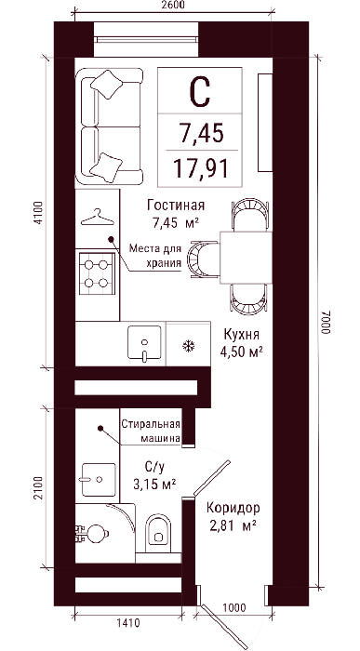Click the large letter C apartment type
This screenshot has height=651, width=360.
200,92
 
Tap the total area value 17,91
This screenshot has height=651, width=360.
201,168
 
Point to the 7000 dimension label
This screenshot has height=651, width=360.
326,323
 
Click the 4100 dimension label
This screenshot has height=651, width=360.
38,213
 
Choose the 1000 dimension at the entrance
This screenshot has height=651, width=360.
233,607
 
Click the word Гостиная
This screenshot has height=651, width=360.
176,206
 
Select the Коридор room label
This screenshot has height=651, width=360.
233,508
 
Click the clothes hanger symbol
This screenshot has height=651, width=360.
97,218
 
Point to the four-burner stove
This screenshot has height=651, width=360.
97,273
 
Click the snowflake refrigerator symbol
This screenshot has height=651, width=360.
189,346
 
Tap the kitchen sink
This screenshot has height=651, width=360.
144,343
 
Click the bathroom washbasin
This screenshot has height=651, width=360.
99,480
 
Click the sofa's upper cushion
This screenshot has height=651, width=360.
107,85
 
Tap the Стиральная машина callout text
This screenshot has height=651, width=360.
151,431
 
